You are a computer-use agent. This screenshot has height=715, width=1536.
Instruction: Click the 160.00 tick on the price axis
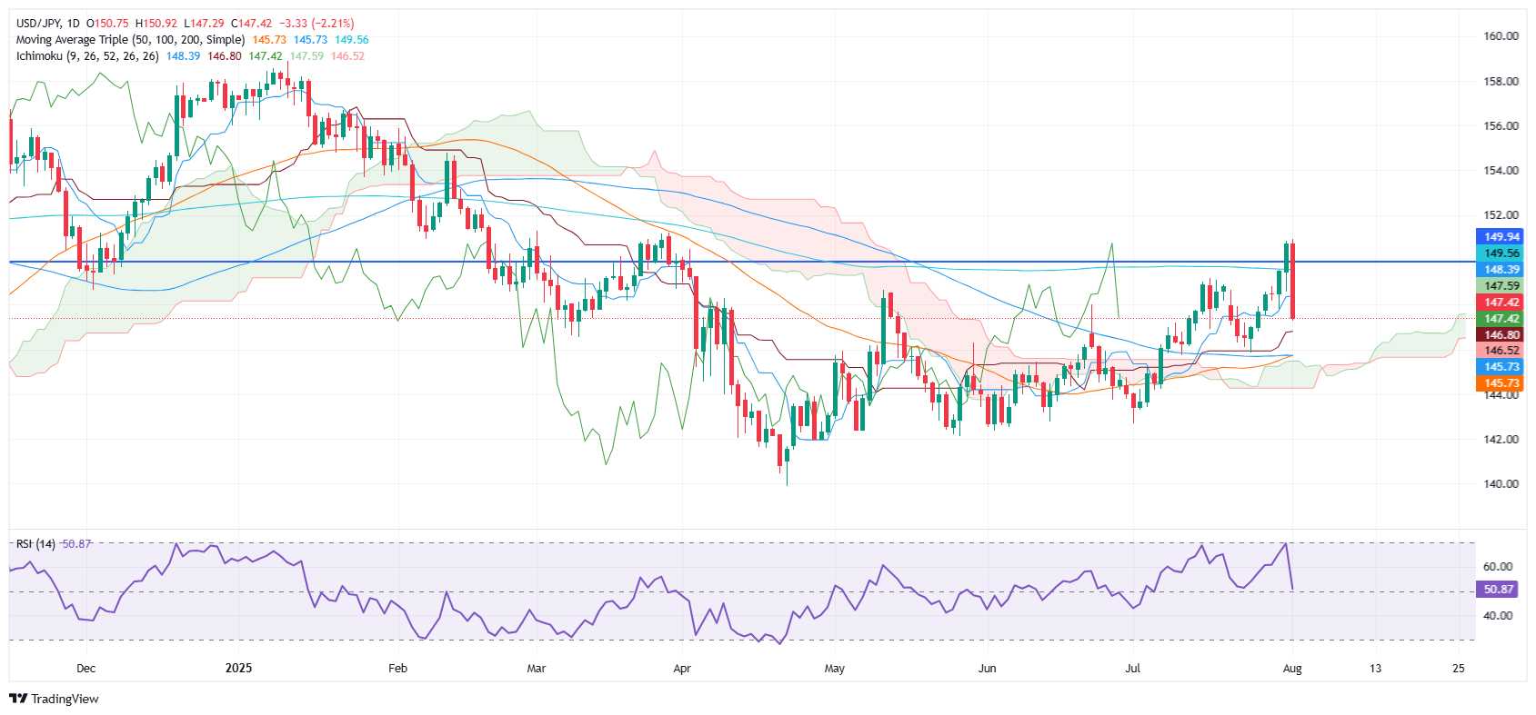coord(1501,36)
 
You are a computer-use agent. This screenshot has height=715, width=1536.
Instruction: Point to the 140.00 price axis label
coord(1501,484)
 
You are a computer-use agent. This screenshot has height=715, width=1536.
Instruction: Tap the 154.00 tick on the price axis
coord(1501,171)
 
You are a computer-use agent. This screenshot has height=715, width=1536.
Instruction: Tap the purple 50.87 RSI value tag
coord(1498,590)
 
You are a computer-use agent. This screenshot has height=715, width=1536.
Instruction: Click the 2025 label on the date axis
coord(238,669)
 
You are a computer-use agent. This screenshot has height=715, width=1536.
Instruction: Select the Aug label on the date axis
coord(1291,669)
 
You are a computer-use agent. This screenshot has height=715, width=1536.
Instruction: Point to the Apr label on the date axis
coord(682,669)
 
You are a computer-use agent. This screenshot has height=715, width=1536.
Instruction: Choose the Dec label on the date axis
coord(85,669)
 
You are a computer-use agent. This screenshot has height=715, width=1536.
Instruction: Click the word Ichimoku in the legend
coord(39,56)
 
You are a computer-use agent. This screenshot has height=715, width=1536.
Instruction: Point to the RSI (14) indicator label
coord(35,544)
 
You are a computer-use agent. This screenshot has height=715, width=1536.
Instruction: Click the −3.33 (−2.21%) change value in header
coord(318,24)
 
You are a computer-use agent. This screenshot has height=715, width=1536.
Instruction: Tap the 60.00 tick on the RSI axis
coord(1497,567)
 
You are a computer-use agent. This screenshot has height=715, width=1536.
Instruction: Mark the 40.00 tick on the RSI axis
coord(1497,616)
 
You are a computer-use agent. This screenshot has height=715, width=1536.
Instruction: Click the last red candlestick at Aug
coord(1292,281)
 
